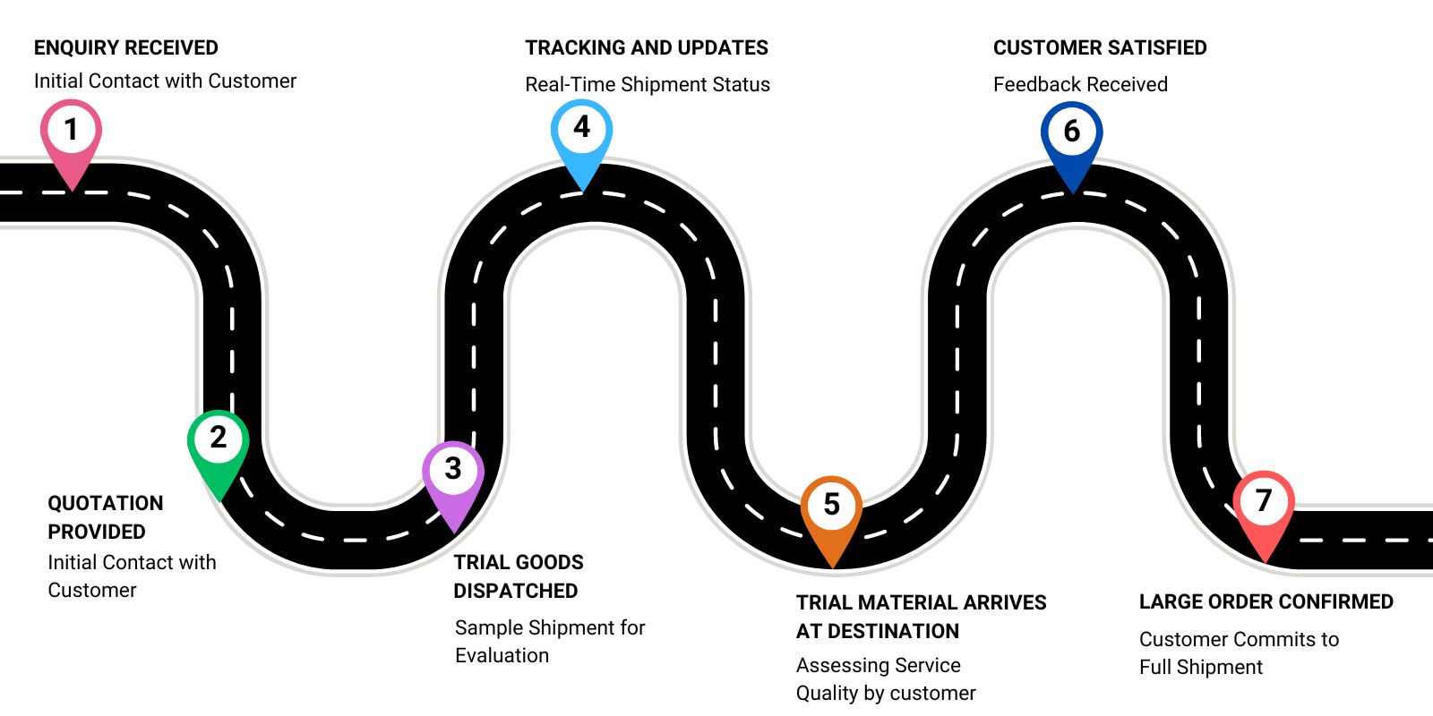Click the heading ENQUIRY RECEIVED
[126, 47]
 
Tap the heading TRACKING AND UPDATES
[647, 47]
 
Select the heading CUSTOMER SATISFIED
[1100, 47]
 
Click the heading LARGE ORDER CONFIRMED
[1266, 601]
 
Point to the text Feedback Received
[1080, 84]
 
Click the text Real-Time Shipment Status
[647, 84]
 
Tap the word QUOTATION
[106, 503]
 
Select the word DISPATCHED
[515, 591]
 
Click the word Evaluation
[502, 655]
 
